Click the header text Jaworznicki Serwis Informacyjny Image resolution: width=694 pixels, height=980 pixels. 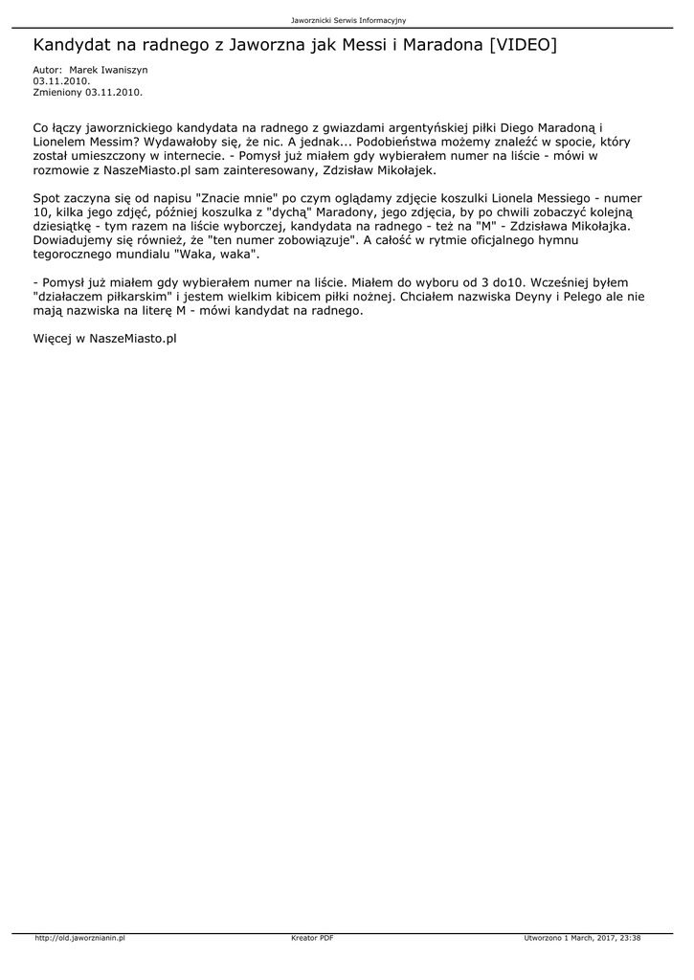[348, 20]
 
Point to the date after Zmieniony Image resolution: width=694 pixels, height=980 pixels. [114, 92]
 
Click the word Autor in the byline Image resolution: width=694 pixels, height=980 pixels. [47, 70]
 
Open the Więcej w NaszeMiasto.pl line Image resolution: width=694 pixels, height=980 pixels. [105, 339]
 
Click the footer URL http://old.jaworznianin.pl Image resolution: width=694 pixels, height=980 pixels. [80, 938]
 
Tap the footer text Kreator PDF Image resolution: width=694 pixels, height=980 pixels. [312, 938]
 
